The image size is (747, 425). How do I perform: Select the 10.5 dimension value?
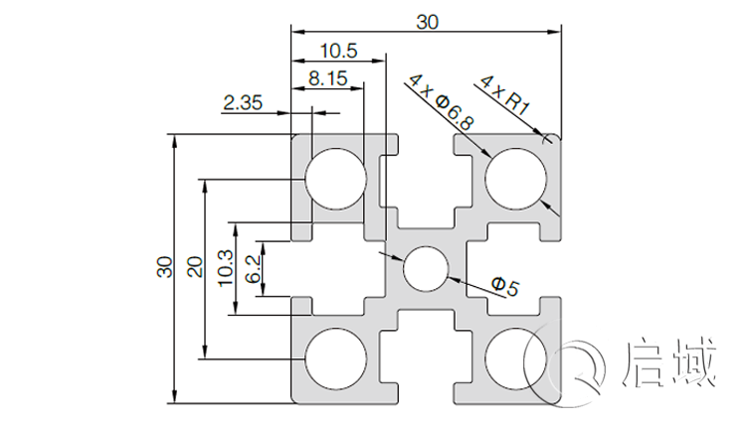coord(339,51)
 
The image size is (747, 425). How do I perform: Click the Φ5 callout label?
coord(504,288)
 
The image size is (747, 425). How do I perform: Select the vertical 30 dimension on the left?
coord(163,268)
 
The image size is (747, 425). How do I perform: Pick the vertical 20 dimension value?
coord(194,268)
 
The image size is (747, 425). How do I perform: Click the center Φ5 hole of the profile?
coord(426,268)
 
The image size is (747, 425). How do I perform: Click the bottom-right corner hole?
coord(516,358)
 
